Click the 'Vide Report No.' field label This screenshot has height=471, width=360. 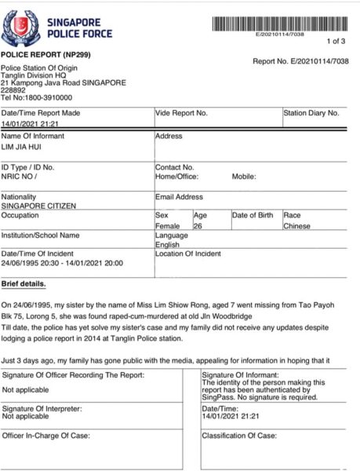182,113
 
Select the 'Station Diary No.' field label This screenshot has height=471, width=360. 311,113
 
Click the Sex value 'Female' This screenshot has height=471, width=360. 167,225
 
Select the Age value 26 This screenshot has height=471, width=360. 198,225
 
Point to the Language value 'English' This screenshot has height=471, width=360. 168,244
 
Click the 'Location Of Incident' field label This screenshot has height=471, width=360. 190,254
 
